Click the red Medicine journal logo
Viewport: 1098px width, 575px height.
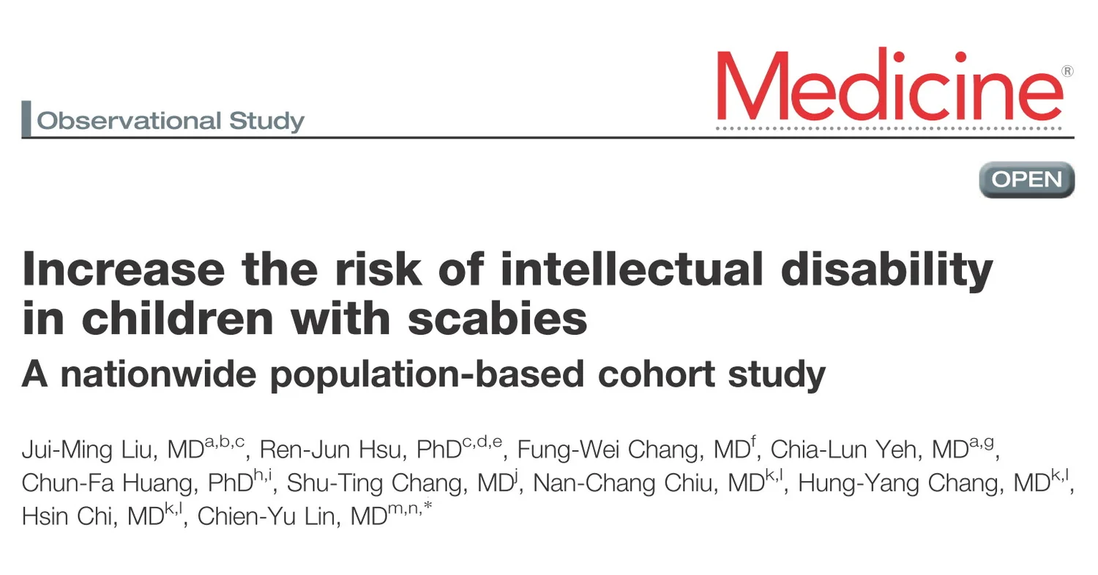click(889, 84)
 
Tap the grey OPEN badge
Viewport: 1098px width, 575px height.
click(1027, 179)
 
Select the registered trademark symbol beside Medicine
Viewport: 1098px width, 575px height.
click(1067, 72)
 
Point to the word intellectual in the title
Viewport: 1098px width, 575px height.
click(631, 268)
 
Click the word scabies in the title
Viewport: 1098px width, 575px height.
click(497, 318)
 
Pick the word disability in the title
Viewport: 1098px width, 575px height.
click(886, 270)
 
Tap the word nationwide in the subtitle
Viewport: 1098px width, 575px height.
click(158, 374)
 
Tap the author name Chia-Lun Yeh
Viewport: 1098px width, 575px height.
click(843, 450)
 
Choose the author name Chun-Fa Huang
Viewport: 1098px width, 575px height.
click(110, 483)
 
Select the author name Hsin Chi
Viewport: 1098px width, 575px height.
click(67, 516)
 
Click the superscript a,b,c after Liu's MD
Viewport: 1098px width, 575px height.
click(225, 442)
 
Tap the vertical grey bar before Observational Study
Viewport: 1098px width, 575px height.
click(26, 118)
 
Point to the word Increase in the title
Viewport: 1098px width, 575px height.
click(124, 268)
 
